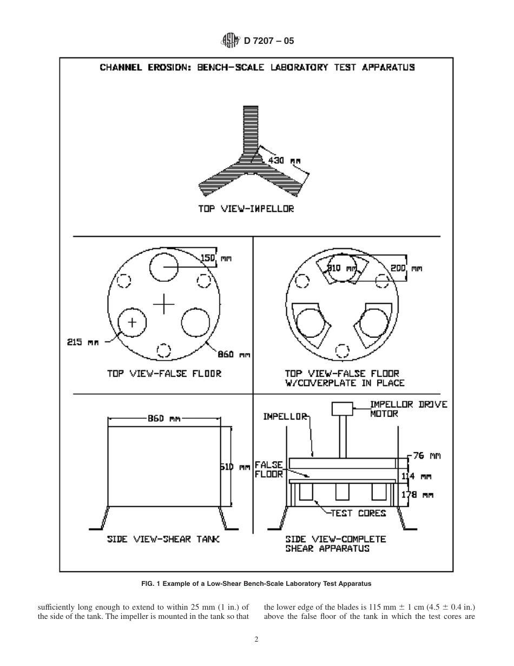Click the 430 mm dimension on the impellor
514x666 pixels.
coord(284,160)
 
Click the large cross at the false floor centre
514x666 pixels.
coord(163,304)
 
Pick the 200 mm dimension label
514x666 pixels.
coord(406,267)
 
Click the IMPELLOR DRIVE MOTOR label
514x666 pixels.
coord(408,409)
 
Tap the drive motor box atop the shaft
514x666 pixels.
coord(342,408)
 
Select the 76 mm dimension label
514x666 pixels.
coord(427,456)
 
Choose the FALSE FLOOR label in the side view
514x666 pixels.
coord(268,469)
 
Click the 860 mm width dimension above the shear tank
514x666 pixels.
coord(164,418)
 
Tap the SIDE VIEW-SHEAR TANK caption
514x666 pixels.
coord(163,539)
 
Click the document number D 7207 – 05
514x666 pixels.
coord(269,40)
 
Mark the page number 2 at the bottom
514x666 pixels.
coord(256,639)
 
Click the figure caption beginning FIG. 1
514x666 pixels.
coord(256,584)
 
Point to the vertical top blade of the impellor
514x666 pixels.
coord(251,130)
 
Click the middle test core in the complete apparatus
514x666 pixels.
coord(342,492)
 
